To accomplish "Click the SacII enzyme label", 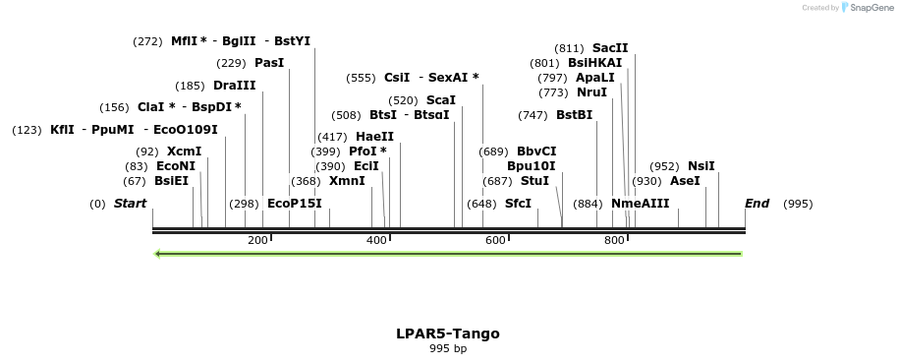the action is (x=610, y=47).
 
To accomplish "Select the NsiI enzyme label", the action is (x=702, y=165).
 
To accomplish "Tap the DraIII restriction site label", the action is (x=234, y=86).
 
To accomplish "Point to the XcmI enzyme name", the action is (x=184, y=151).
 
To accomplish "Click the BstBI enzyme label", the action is (x=574, y=114).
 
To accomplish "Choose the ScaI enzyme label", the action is (x=441, y=99).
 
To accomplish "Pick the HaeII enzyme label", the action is (x=374, y=136).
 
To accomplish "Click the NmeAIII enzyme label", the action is (x=640, y=204).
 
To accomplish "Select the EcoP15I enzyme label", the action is (x=294, y=204).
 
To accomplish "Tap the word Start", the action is (x=130, y=204).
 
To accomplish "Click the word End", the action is (x=757, y=204).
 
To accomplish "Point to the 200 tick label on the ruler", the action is (x=257, y=240).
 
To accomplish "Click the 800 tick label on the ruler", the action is (x=614, y=240).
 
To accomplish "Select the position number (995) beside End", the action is (x=798, y=204).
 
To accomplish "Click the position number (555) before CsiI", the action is (x=361, y=78).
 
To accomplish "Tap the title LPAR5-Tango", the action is (x=448, y=333).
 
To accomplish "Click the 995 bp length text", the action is (x=448, y=349).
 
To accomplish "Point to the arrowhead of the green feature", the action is (x=158, y=254).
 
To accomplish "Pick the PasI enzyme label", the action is (x=268, y=63).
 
